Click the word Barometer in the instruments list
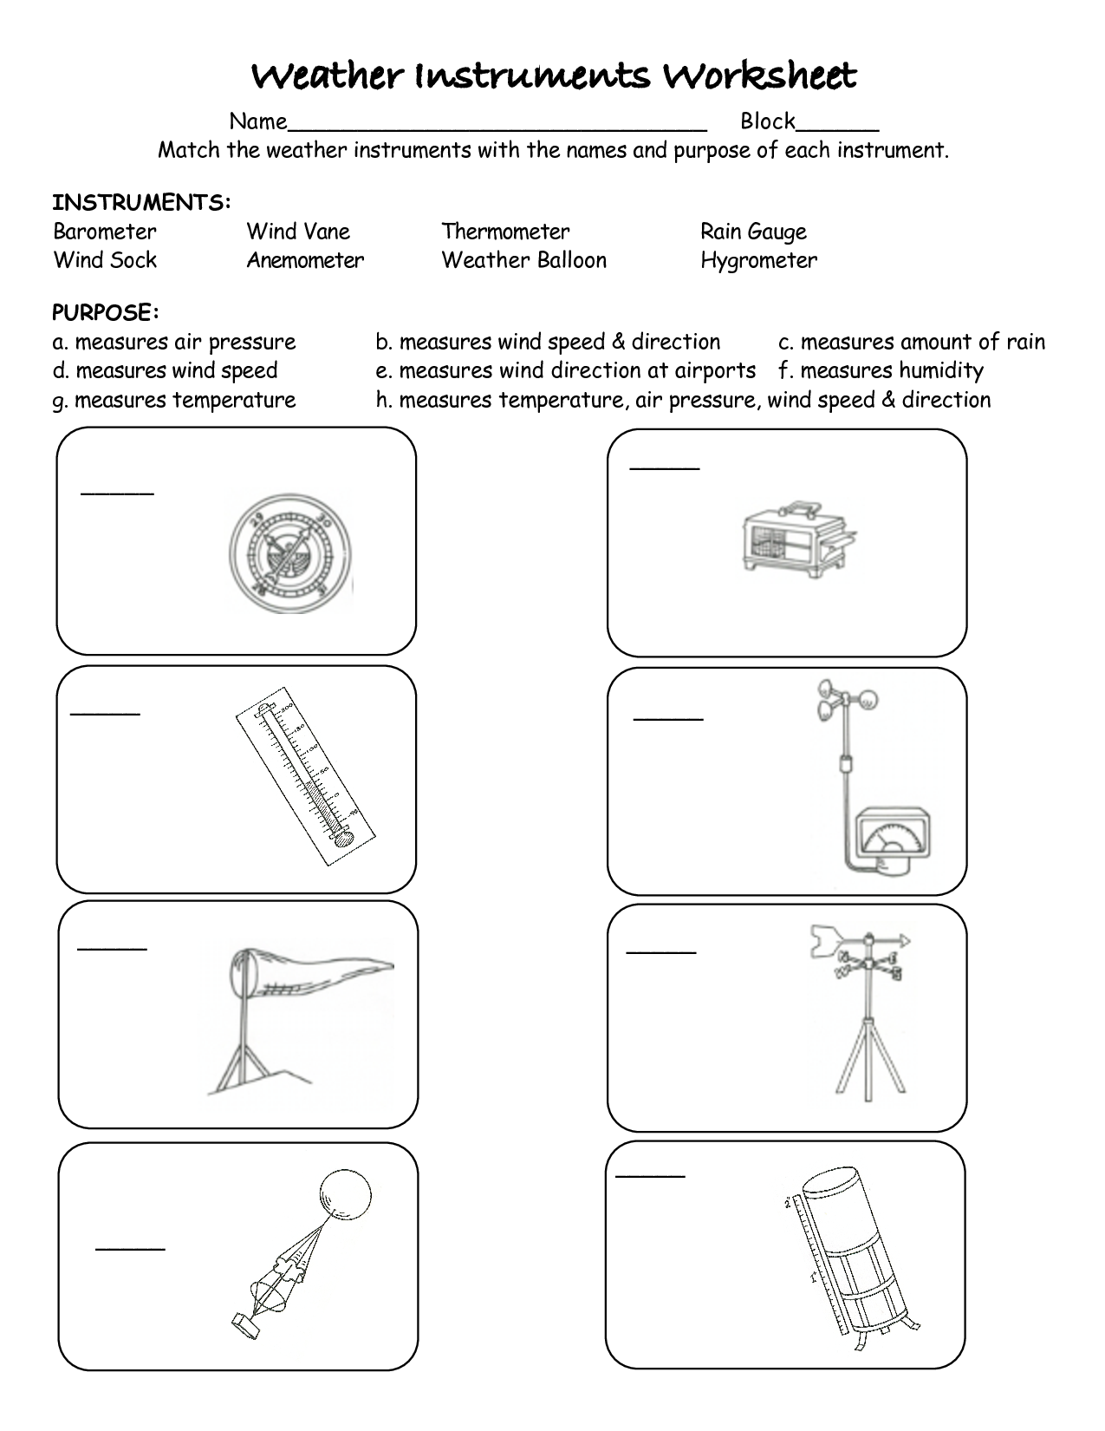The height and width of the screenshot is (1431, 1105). pyautogui.click(x=105, y=232)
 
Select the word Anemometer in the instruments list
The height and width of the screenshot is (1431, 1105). pyautogui.click(x=305, y=260)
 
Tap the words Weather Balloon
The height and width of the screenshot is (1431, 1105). pyautogui.click(x=523, y=260)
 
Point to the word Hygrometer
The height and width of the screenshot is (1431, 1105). pyautogui.click(x=758, y=260)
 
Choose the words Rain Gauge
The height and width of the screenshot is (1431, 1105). pyautogui.click(x=753, y=232)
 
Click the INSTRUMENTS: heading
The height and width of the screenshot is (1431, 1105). pyautogui.click(x=141, y=203)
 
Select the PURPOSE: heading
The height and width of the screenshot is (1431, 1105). pyautogui.click(x=106, y=312)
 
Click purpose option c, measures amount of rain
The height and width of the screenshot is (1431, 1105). pyautogui.click(x=912, y=343)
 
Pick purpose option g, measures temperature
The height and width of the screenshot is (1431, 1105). pyautogui.click(x=174, y=400)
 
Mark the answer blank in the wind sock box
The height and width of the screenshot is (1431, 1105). pyautogui.click(x=112, y=948)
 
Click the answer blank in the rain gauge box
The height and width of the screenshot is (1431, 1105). pyautogui.click(x=650, y=1176)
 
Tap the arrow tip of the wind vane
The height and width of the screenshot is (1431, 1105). pyautogui.click(x=906, y=939)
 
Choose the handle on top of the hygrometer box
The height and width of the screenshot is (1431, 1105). pyautogui.click(x=800, y=505)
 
